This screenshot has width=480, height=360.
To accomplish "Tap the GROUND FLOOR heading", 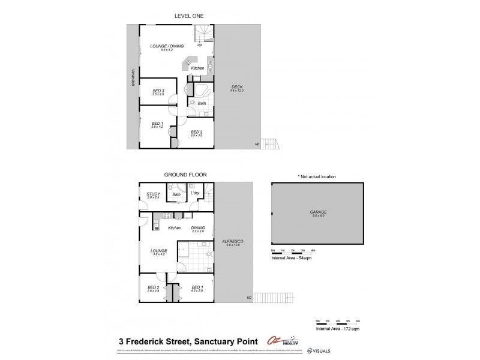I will [x=185, y=175].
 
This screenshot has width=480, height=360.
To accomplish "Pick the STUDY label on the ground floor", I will [x=154, y=194].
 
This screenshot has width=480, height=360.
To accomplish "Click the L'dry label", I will [x=194, y=193].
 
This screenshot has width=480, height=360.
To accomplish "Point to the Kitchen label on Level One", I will [x=198, y=68].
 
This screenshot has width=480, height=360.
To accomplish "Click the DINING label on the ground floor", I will [x=198, y=228].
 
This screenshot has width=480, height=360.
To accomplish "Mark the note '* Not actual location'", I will [x=317, y=176].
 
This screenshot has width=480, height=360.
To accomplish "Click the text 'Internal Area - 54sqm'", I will [x=291, y=258].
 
